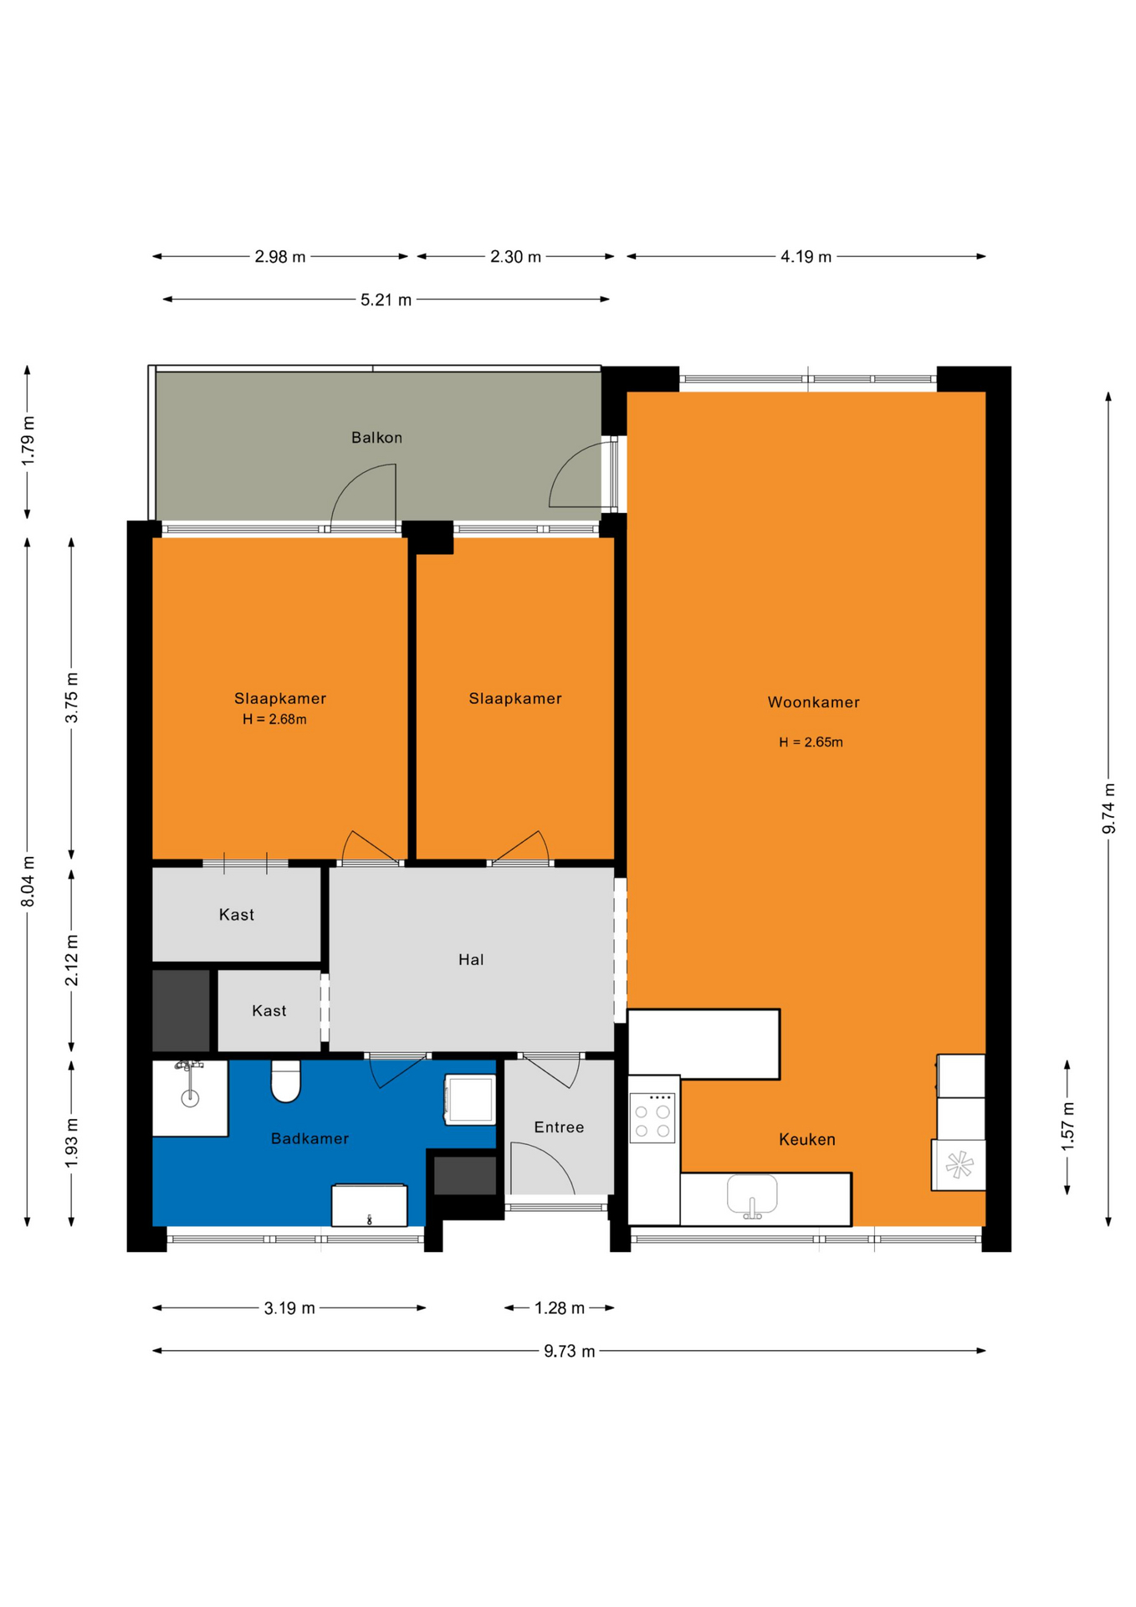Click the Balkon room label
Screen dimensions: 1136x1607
tap(376, 438)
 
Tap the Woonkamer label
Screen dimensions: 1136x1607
tap(813, 702)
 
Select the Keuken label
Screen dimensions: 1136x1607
tap(806, 1139)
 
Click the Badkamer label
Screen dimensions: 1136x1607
tap(310, 1138)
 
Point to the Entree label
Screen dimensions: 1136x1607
tap(559, 1127)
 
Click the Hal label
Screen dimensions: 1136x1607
tap(471, 960)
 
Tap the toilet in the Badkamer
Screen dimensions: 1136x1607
tap(286, 1081)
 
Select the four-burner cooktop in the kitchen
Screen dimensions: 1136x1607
tap(652, 1117)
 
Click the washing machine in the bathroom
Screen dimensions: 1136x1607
tap(470, 1099)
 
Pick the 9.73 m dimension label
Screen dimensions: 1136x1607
tap(569, 1352)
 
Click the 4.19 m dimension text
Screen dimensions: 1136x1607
tap(806, 257)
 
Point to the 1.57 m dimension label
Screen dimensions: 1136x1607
tap(1067, 1126)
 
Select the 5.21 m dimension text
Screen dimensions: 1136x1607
tap(386, 300)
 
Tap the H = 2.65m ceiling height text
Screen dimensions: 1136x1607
tap(811, 742)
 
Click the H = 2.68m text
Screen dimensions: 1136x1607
tap(274, 720)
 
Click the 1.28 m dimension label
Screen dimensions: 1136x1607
tap(560, 1308)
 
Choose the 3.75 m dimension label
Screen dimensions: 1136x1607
tap(72, 698)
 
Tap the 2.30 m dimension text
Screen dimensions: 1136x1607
tap(515, 257)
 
